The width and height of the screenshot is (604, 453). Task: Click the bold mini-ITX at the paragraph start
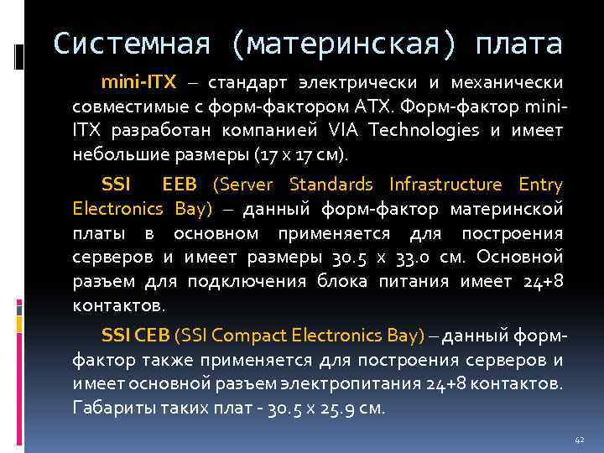click(138, 84)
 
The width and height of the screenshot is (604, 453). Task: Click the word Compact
click(249, 336)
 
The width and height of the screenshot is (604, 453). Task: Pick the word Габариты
click(108, 409)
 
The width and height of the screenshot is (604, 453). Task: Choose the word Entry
click(539, 185)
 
